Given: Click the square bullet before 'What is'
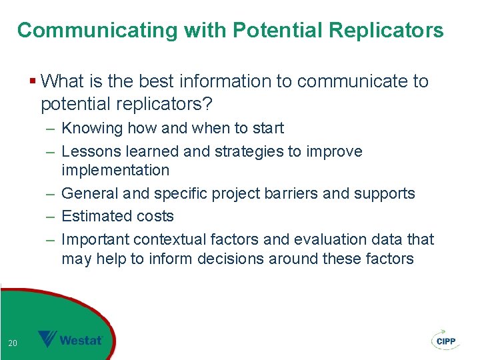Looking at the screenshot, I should [x=33, y=82].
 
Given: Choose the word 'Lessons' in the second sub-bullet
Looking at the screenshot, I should [x=89, y=151].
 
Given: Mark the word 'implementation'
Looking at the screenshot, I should [x=115, y=170].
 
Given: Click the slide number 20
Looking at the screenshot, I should [x=12, y=343].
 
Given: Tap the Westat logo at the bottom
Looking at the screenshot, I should [x=71, y=340].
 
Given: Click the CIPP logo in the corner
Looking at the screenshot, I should [x=445, y=339].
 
